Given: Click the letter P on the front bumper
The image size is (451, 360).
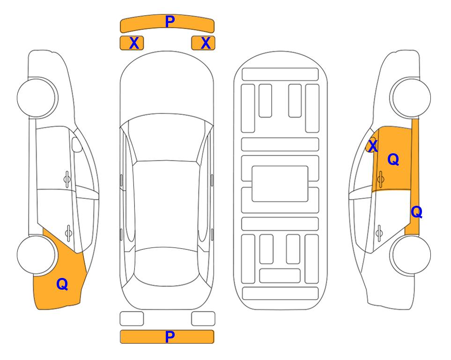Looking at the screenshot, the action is [170, 21].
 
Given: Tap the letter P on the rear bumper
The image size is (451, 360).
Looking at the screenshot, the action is [170, 337].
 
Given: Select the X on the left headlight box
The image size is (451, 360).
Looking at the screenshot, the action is [134, 43].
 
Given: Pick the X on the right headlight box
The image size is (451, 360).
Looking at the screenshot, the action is [206, 43].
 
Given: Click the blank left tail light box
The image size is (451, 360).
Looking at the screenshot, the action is [132, 319].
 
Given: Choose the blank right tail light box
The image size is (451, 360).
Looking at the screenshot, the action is [203, 319].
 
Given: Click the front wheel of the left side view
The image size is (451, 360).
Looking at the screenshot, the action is [37, 98].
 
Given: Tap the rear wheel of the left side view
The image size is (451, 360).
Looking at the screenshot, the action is [37, 255].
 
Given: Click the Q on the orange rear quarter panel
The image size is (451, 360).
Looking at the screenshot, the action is [62, 284].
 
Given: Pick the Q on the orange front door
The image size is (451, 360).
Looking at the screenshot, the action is [393, 159].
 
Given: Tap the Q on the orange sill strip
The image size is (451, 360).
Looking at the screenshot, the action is [416, 212].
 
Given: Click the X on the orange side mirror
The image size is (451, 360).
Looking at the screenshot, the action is [373, 146].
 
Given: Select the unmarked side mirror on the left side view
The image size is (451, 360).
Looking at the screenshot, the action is [77, 144].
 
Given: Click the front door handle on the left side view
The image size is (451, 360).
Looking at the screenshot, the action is [67, 179].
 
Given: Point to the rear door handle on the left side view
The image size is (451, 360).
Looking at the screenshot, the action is [68, 232].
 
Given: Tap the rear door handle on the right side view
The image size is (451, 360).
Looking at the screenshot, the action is [379, 232].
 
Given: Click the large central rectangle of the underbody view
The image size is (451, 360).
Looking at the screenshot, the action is [280, 184].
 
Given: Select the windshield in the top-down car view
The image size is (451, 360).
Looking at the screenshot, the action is [166, 137].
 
